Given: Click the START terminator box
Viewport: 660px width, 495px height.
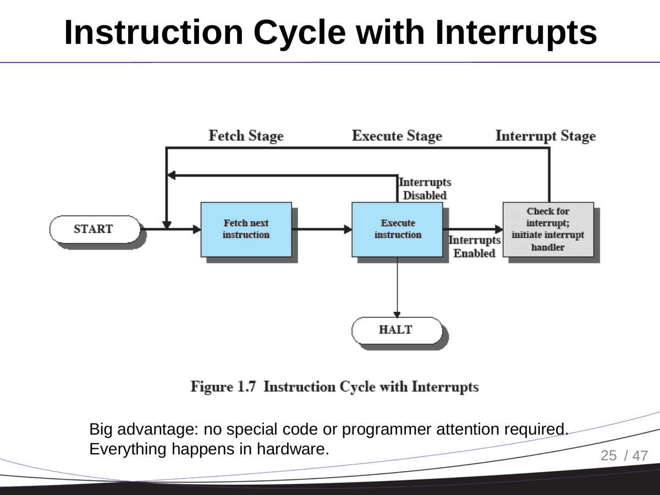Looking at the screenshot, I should [94, 229].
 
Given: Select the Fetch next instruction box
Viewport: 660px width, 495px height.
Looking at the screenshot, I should [246, 229].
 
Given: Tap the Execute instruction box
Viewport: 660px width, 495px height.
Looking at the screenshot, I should [397, 229].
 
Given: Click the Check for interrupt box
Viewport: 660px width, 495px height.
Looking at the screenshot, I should [548, 229].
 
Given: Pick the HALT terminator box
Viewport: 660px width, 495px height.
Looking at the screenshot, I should [396, 330].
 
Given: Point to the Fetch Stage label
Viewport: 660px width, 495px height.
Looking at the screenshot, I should [246, 136].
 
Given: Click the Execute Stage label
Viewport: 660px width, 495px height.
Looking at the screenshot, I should [397, 136].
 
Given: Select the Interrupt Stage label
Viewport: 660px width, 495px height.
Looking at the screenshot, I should [545, 136].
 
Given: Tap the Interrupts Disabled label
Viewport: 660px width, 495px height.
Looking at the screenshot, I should [424, 189].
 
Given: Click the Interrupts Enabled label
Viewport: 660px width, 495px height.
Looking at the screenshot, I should [474, 247].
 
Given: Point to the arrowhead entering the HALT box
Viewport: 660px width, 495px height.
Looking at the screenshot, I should [397, 314].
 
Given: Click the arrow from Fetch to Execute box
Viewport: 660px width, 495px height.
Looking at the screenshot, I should [322, 229].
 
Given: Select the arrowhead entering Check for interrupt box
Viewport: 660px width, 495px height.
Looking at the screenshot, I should [499, 229].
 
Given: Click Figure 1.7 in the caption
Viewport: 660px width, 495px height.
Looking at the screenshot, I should [224, 387].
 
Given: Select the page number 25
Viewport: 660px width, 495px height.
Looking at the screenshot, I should [609, 455].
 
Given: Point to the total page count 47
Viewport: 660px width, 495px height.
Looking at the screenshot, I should [640, 455].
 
